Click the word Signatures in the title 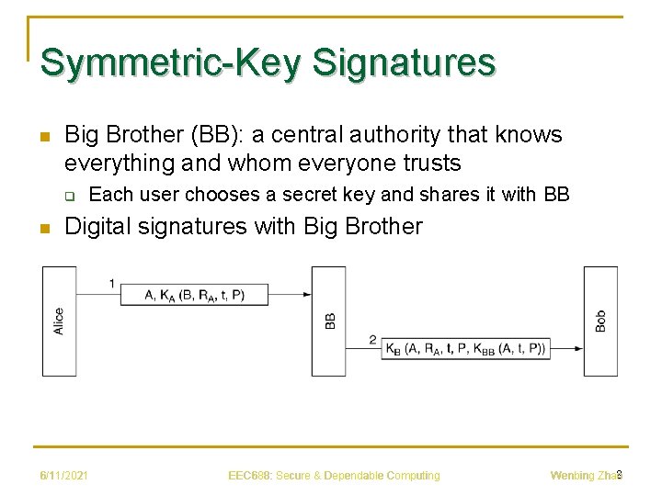(404, 62)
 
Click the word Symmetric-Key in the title (172, 62)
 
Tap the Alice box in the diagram (59, 321)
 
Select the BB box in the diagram (328, 321)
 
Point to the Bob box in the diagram (600, 321)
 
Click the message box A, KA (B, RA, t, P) (195, 295)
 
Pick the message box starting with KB (465, 348)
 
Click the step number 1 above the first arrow (112, 283)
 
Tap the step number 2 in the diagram (372, 339)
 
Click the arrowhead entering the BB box (305, 295)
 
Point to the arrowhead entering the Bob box (577, 348)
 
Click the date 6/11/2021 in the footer (63, 475)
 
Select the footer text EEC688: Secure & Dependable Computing (334, 475)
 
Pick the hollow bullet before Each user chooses (68, 196)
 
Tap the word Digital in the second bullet (97, 226)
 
